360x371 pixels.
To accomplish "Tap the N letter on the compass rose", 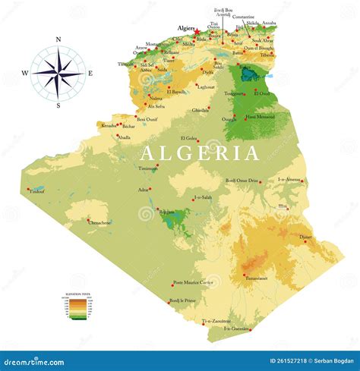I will [x=58, y=39].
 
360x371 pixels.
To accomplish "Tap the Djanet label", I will [x=305, y=237].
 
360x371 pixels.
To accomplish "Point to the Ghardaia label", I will [x=201, y=111].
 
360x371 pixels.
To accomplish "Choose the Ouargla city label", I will [x=229, y=119].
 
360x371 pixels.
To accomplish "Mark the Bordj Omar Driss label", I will [x=242, y=181].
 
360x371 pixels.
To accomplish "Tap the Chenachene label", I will [x=99, y=222].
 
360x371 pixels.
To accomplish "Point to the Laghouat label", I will [x=205, y=86].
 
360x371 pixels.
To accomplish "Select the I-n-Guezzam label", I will [x=237, y=329].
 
